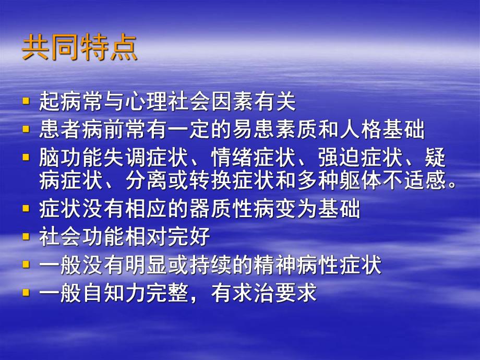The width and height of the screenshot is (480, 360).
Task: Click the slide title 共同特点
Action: (80, 49)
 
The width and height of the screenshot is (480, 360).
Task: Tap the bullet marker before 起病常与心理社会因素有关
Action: (27, 101)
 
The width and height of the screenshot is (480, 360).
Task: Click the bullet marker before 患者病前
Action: (27, 130)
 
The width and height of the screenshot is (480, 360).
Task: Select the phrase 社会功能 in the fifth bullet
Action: (82, 237)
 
